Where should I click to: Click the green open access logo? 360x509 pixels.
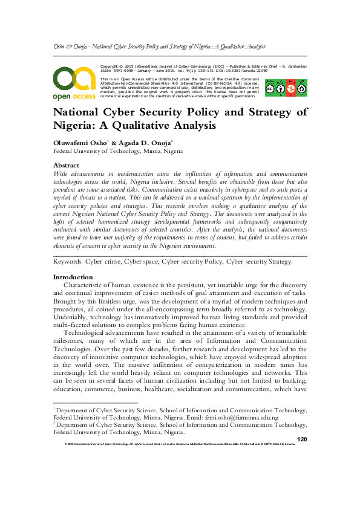(x=73, y=82)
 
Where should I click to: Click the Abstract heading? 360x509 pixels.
(x=67, y=165)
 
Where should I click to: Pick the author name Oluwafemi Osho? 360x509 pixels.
(x=79, y=142)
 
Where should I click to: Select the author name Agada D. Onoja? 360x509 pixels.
(x=145, y=142)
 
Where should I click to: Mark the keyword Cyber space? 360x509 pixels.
(x=139, y=262)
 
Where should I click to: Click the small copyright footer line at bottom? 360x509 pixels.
(x=180, y=444)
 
